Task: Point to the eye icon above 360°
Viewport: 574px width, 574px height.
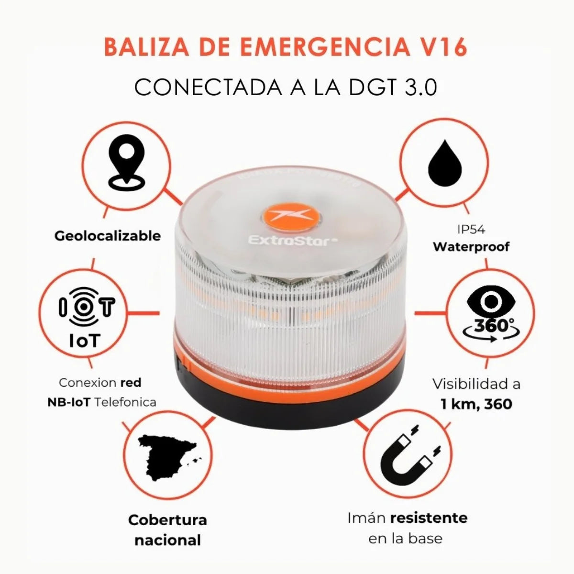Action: tap(487, 301)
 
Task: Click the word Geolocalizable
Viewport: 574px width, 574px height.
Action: tap(108, 236)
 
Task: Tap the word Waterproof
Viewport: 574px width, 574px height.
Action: tap(471, 247)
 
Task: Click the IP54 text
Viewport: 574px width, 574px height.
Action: tap(471, 230)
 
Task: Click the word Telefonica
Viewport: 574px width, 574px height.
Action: tap(125, 402)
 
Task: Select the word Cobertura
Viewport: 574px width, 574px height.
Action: tap(167, 520)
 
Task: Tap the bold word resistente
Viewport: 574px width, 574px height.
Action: tap(429, 518)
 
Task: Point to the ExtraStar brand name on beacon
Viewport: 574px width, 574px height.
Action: tap(290, 241)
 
